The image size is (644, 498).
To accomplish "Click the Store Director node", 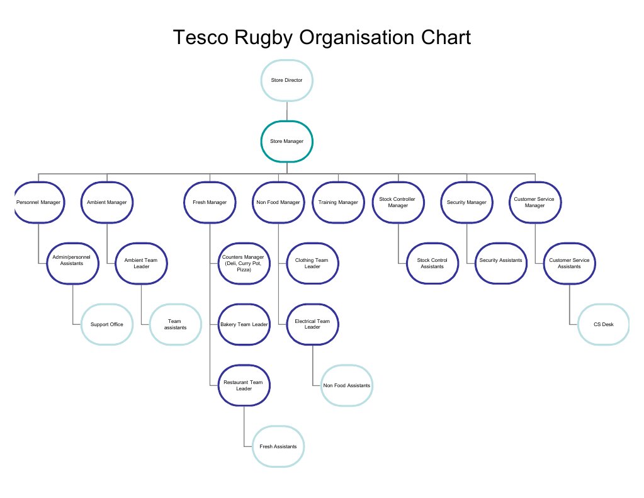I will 286,81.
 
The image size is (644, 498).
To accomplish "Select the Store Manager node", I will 286,142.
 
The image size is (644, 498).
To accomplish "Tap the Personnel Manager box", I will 38,202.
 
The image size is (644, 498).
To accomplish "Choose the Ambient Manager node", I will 107,202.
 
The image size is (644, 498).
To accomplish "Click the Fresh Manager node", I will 210,202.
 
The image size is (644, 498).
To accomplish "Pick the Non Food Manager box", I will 278,202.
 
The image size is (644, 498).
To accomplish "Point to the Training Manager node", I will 338,202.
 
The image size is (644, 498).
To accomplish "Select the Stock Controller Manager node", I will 397,202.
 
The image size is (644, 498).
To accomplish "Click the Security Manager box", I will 466,202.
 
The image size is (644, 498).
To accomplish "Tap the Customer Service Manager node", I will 535,202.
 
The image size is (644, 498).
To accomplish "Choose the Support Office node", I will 107,324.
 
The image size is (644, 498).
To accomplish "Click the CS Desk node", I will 603,324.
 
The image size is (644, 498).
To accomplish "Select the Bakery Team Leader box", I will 244,324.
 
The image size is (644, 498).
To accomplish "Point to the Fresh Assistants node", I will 278,446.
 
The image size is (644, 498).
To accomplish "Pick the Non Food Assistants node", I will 347,385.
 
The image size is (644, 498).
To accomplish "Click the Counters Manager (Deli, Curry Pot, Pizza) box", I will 244,263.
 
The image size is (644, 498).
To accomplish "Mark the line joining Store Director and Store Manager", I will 286,111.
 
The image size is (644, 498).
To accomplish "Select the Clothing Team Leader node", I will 312,263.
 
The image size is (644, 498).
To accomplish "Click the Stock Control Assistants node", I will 432,263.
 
